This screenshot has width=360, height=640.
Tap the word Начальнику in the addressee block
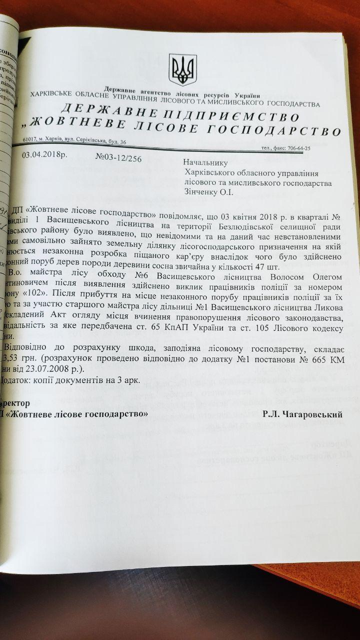pos(205,162)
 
